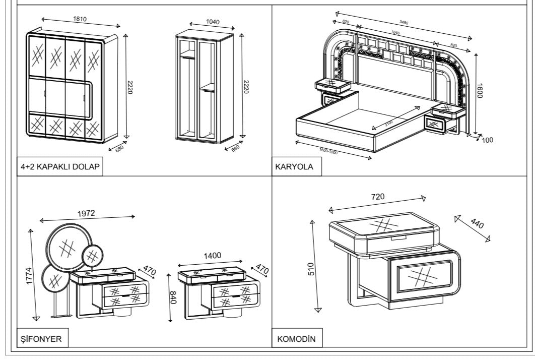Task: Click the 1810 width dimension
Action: click(80, 19)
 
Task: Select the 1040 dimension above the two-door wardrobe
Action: click(213, 22)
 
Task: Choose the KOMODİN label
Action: click(297, 339)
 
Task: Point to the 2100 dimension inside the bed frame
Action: click(389, 123)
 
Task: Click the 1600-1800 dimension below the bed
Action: click(328, 150)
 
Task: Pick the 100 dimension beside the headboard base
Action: click(487, 140)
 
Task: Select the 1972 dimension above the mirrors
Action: click(86, 213)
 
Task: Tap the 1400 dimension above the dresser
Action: click(212, 256)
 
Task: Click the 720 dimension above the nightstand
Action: click(378, 197)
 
